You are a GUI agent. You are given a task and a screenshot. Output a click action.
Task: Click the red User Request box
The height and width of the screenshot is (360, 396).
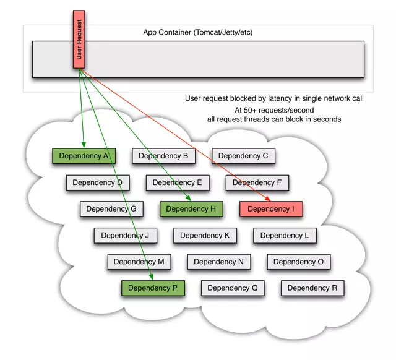(x=79, y=39)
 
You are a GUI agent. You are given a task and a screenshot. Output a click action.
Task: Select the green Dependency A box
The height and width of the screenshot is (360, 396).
(x=84, y=156)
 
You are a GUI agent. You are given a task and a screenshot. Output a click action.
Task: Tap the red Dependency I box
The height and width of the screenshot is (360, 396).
(x=271, y=209)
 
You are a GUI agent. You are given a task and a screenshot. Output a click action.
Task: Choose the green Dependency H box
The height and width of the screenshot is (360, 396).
(x=191, y=209)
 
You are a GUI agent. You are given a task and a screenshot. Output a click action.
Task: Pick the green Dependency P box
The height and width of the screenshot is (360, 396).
(x=153, y=288)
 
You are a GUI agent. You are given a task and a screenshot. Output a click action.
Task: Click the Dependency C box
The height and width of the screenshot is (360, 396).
(x=243, y=156)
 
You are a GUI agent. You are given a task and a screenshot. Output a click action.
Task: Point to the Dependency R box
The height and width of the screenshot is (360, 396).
(x=312, y=288)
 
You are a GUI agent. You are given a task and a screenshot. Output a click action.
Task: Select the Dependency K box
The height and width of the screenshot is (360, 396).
(x=205, y=235)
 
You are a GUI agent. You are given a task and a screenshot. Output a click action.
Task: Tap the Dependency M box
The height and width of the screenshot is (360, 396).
(x=139, y=262)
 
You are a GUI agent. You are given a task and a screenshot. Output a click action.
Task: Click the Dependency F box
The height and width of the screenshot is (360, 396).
(x=257, y=182)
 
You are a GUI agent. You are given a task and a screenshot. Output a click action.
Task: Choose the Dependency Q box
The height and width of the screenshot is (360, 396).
(x=233, y=288)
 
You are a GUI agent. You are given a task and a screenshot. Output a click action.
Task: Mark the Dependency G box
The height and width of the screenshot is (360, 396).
(x=111, y=209)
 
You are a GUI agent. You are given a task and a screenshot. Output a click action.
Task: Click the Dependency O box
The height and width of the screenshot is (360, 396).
(x=298, y=262)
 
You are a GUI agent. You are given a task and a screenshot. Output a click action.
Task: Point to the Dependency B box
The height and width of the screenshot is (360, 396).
(x=163, y=156)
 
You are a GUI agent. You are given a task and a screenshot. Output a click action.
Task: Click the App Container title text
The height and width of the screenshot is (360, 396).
(x=198, y=32)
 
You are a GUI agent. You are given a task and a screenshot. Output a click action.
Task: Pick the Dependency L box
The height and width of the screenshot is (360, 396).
(x=285, y=235)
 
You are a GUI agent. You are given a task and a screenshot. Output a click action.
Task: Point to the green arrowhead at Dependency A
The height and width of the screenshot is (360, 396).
(x=83, y=146)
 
